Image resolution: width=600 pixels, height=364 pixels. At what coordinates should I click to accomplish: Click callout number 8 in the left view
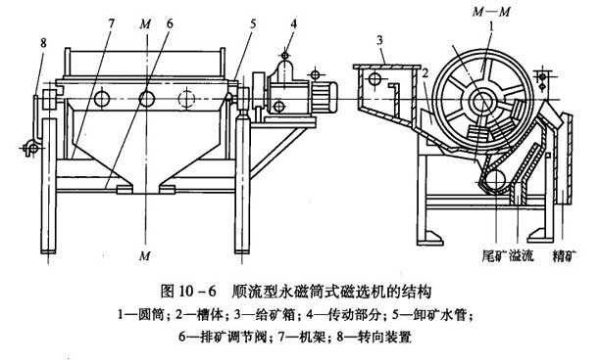[x=43, y=43]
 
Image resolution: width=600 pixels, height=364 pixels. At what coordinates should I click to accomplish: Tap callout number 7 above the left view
[x=111, y=23]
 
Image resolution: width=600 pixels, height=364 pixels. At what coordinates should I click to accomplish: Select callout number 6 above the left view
[x=170, y=23]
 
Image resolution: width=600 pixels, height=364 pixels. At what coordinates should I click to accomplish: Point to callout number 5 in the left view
[x=253, y=24]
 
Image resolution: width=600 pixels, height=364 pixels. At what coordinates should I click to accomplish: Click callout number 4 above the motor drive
[x=293, y=23]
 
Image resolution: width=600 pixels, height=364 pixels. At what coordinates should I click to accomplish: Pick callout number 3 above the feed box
[x=379, y=40]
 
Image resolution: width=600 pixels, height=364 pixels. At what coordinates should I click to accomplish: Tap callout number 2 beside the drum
[x=425, y=73]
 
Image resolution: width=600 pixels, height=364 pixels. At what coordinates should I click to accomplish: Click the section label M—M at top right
[x=491, y=12]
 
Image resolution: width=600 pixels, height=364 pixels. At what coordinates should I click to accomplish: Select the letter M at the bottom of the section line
[x=145, y=255]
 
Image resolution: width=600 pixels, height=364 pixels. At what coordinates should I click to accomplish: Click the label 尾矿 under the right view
[x=494, y=255]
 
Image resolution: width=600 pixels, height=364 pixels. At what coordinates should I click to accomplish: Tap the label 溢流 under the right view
[x=521, y=255]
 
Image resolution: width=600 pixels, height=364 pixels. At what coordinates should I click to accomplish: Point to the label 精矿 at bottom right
[x=565, y=255]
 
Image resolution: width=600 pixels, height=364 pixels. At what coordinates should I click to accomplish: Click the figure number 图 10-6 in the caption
[x=188, y=292]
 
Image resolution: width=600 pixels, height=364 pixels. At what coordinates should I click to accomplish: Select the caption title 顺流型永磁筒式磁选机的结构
[x=331, y=292]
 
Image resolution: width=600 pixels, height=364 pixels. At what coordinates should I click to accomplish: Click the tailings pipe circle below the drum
[x=495, y=179]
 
